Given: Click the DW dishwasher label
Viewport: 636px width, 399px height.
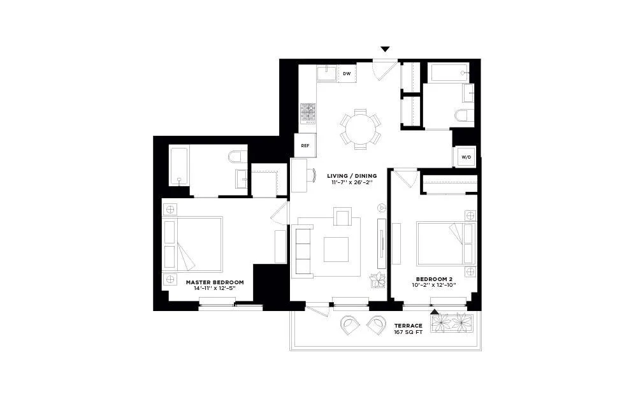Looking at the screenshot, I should click(x=347, y=74).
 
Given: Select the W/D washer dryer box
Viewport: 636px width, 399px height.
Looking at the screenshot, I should click(x=466, y=157).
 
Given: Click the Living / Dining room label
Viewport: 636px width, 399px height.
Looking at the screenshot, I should click(x=352, y=176).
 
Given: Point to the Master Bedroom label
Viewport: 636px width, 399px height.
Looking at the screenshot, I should click(x=215, y=282).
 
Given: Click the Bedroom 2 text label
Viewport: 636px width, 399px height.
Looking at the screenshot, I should click(x=435, y=279).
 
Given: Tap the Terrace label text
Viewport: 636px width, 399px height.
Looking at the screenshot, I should click(x=408, y=326).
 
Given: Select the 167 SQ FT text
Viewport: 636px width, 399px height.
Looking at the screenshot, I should click(x=408, y=332).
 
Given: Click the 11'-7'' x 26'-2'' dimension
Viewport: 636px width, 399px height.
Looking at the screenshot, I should click(x=352, y=183).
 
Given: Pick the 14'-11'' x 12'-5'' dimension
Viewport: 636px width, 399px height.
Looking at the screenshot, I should click(x=215, y=288).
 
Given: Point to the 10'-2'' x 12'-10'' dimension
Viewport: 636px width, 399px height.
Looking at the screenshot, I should click(x=435, y=286).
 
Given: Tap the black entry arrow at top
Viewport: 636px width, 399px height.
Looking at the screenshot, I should click(x=385, y=49).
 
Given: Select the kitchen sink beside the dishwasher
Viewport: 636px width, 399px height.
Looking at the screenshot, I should click(x=328, y=74).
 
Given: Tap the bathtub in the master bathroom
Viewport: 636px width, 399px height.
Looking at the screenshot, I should click(x=179, y=166).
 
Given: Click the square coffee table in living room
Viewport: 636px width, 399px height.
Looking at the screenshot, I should click(x=336, y=249).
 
